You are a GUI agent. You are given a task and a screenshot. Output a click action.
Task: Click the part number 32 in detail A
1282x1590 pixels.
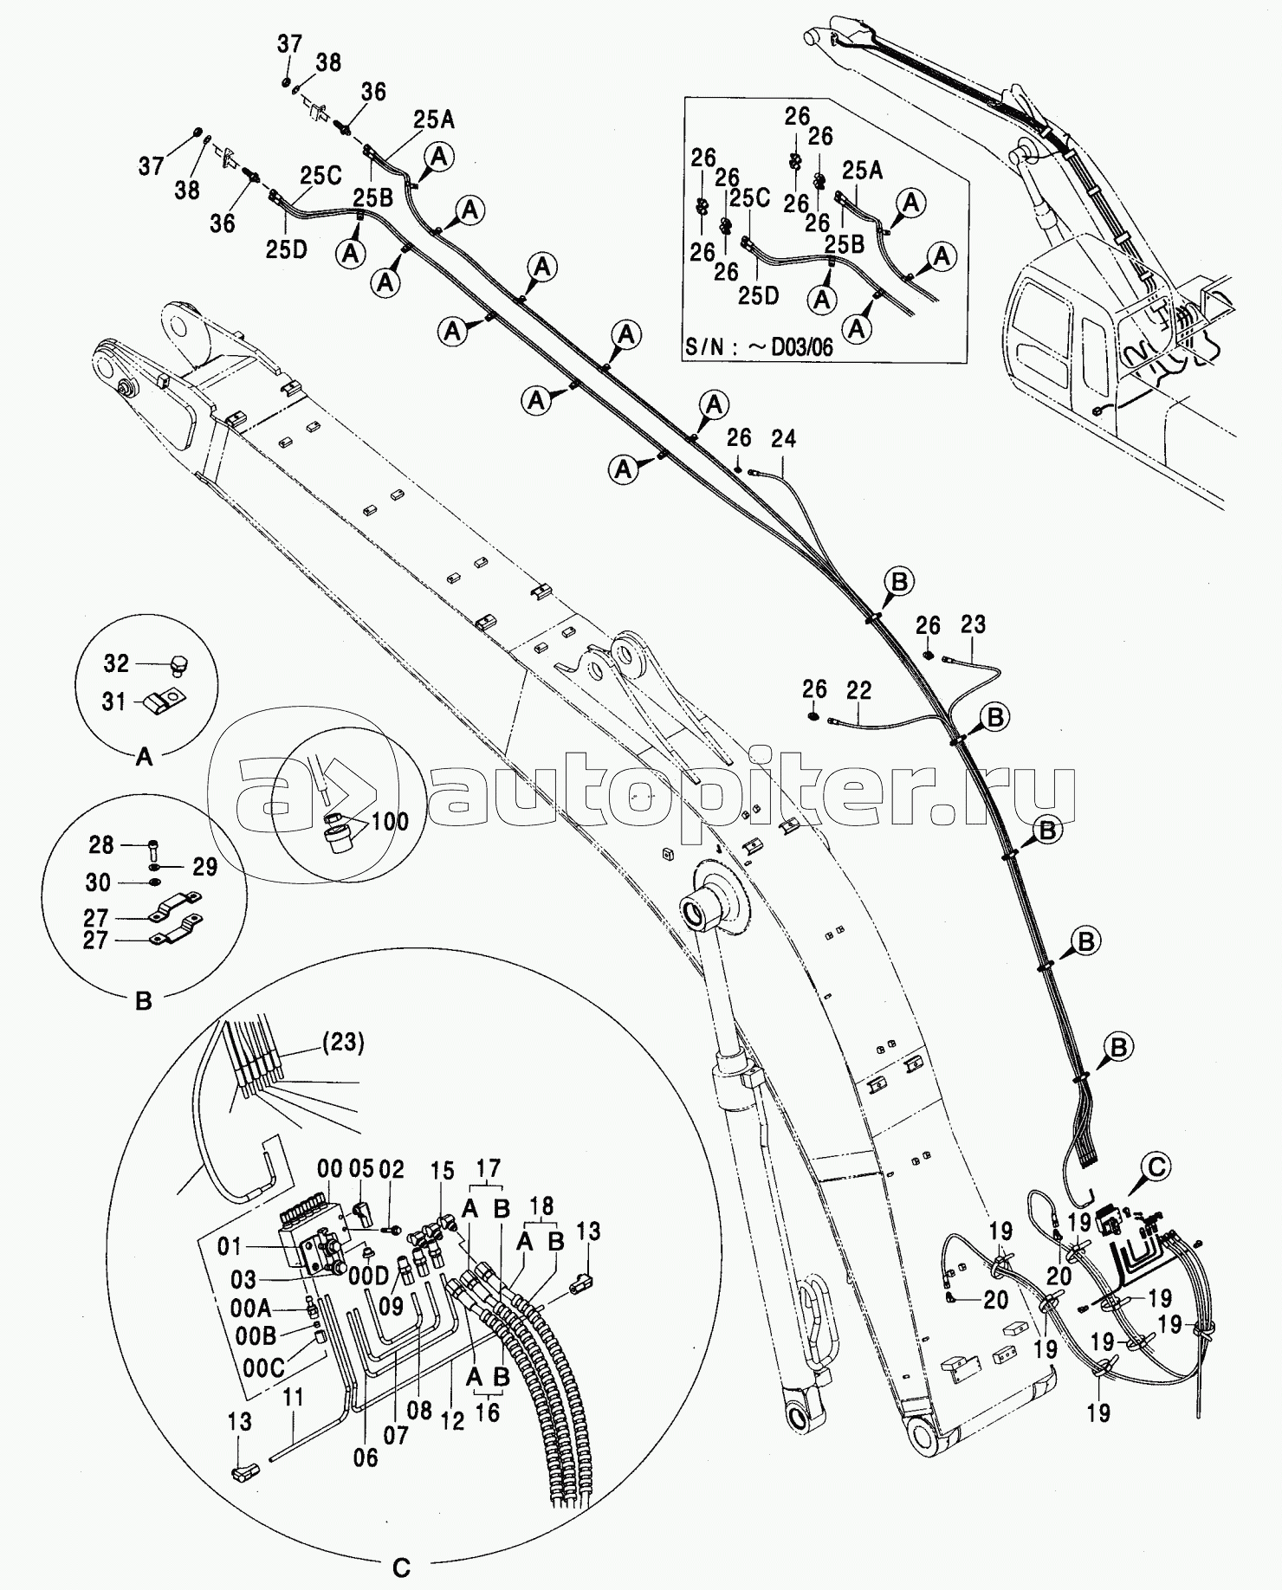click(116, 663)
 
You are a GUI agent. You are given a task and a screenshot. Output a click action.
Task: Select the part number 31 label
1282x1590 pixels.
click(114, 701)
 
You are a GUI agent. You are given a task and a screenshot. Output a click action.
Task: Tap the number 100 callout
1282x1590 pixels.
click(390, 820)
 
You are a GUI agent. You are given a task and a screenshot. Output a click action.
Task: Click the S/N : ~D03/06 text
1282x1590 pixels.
click(759, 347)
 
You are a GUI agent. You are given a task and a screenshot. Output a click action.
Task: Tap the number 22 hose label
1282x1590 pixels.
click(858, 690)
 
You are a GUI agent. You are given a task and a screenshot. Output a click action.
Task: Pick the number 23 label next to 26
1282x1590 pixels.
click(973, 624)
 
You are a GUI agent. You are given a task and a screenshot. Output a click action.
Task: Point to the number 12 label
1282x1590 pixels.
click(453, 1420)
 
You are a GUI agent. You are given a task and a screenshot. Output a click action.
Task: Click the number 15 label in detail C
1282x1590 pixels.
click(443, 1173)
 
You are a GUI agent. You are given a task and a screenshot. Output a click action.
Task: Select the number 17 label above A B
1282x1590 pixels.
click(489, 1169)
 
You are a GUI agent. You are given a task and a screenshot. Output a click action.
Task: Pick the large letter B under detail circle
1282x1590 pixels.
click(144, 1001)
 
